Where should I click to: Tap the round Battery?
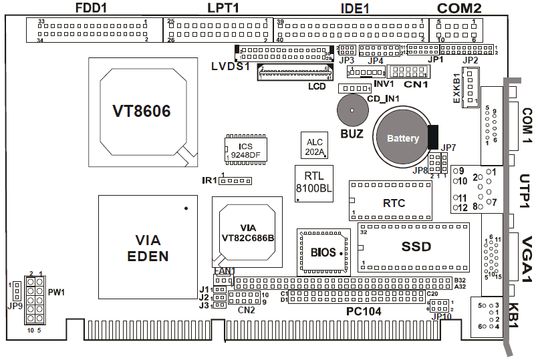tap(398, 139)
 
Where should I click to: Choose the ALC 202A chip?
tap(314, 146)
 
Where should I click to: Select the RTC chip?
tap(394, 202)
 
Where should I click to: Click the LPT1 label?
tap(223, 9)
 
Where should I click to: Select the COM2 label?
tap(459, 9)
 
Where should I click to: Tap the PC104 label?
tap(365, 311)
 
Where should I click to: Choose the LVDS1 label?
tap(230, 66)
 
